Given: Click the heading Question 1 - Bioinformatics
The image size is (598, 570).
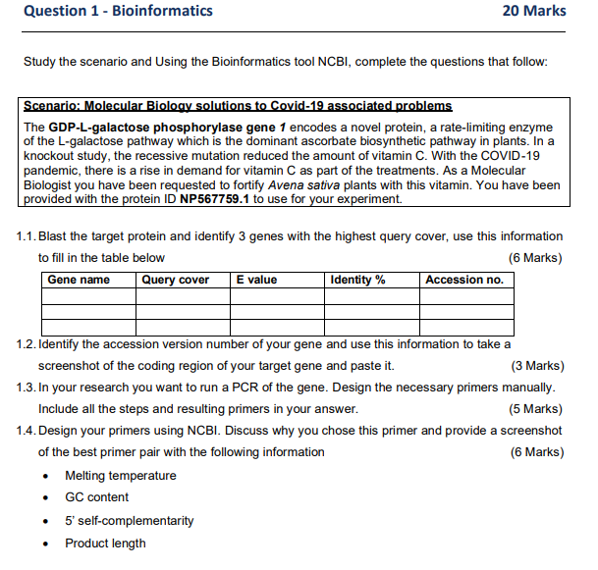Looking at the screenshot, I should [x=117, y=11].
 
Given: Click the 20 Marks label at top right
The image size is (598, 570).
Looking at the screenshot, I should [x=533, y=11].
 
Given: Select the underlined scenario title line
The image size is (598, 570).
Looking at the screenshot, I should [x=237, y=105].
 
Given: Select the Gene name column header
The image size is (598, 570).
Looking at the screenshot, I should [x=79, y=280].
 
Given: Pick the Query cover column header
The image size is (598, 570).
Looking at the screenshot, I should [x=176, y=280].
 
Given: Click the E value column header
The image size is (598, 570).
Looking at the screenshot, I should [x=257, y=280].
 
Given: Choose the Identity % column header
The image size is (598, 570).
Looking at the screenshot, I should [x=357, y=280].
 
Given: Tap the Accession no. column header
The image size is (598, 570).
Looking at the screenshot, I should [x=463, y=280].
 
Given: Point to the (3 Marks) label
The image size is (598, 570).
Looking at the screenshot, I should [x=537, y=366].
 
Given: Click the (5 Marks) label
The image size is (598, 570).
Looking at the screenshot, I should [x=537, y=409].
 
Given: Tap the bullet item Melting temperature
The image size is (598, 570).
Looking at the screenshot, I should [x=121, y=476].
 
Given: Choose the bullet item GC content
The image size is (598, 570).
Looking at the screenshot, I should [x=96, y=497].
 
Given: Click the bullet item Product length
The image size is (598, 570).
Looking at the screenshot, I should [x=105, y=544].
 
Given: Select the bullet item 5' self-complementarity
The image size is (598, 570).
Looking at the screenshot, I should [x=129, y=520].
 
